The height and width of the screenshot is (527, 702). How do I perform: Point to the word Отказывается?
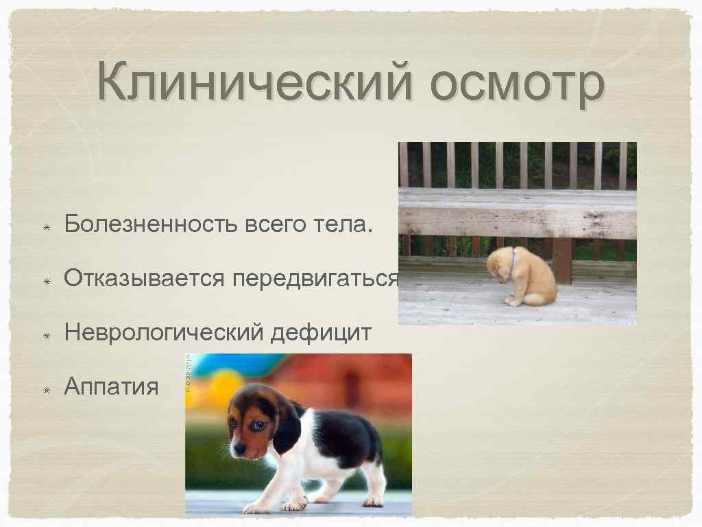click(x=145, y=278)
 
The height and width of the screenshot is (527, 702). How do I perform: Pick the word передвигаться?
click(x=315, y=278)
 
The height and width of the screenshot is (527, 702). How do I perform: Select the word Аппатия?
click(x=111, y=387)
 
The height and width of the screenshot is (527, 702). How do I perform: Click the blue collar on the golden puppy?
click(x=513, y=259)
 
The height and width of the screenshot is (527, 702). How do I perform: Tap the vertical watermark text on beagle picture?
click(x=191, y=377)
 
